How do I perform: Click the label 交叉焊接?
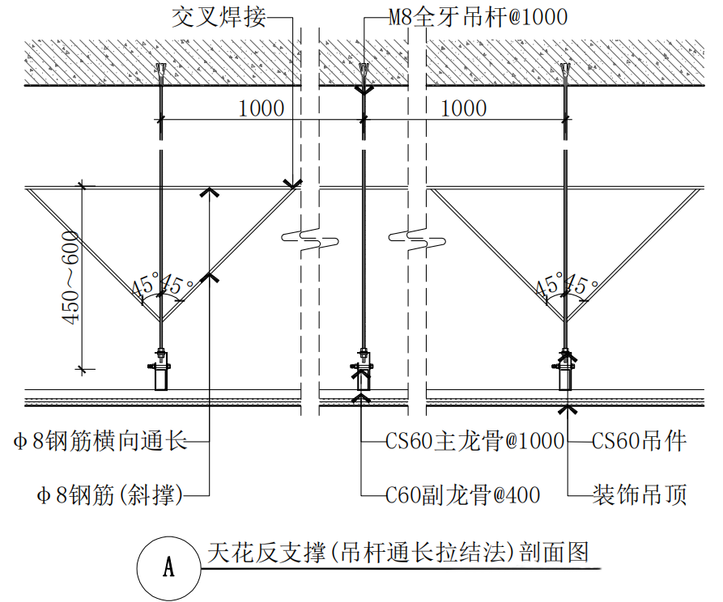click(x=219, y=18)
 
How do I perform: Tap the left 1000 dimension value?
click(x=261, y=108)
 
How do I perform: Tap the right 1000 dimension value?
click(x=464, y=108)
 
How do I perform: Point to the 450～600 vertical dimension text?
click(x=70, y=278)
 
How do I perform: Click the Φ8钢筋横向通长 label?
click(x=100, y=441)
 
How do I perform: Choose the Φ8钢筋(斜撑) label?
click(x=110, y=495)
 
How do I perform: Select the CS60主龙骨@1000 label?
click(x=474, y=441)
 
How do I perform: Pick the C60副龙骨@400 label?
click(x=462, y=495)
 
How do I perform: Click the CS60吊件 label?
click(x=639, y=441)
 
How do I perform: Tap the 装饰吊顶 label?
click(x=640, y=495)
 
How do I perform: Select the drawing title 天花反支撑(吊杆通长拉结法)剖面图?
click(x=398, y=553)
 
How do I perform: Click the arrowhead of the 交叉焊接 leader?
click(x=292, y=184)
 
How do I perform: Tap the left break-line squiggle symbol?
click(x=310, y=239)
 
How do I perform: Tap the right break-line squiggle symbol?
click(x=417, y=239)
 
